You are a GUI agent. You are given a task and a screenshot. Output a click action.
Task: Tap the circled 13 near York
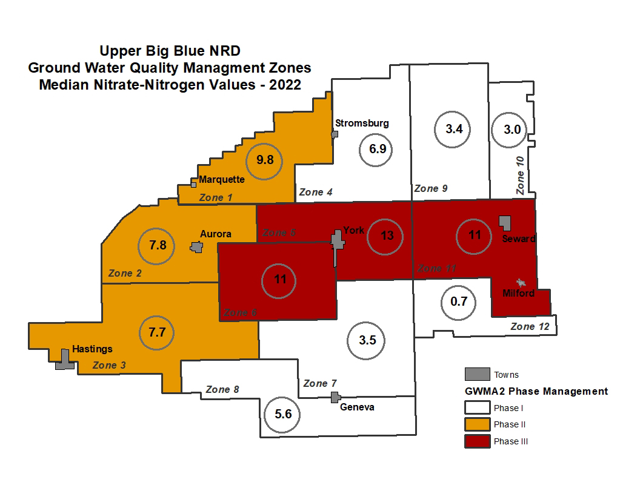[387, 235]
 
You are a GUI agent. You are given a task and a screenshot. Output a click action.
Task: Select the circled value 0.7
[459, 301]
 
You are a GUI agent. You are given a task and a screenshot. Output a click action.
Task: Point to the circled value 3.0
[508, 130]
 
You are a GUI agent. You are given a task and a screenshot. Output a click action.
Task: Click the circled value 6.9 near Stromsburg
[377, 149]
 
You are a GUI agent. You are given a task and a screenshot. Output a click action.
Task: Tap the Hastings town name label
[92, 349]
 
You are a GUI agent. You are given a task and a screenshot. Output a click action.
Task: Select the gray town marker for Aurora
[196, 246]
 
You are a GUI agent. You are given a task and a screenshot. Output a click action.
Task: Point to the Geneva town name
[357, 407]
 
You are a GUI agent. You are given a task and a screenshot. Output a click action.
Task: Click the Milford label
[519, 294]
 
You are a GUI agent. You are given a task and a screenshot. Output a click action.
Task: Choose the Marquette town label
[222, 179]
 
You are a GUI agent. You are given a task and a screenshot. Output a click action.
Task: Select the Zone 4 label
[316, 192]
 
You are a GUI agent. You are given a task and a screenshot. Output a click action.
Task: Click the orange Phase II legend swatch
[477, 424]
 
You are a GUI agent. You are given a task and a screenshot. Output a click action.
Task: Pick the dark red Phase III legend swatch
[477, 441]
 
